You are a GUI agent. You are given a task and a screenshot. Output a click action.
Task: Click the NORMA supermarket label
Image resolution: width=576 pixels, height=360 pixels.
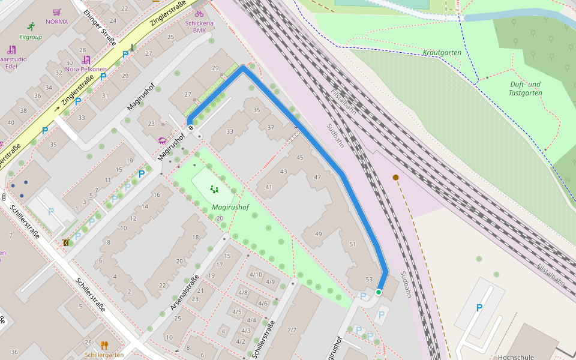click(x=57, y=22)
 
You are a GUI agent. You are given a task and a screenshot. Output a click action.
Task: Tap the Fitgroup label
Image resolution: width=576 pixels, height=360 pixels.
click(x=31, y=37)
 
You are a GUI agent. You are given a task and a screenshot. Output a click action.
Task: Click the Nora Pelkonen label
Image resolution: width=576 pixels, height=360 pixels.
click(x=86, y=69)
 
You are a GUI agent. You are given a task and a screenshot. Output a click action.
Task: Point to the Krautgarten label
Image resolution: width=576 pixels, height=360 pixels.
click(x=442, y=53)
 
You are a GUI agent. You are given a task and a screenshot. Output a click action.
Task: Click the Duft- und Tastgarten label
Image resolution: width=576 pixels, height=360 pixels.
click(x=525, y=88)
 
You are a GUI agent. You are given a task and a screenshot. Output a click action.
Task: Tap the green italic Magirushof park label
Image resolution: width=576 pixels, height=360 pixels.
click(x=230, y=207)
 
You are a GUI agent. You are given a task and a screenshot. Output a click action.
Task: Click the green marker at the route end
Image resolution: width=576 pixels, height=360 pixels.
click(x=379, y=292)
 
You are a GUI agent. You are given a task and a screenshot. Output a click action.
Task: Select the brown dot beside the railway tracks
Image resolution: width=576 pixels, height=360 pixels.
click(x=395, y=177)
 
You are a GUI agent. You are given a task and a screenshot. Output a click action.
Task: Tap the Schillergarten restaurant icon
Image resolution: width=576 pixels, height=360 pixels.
click(x=104, y=345)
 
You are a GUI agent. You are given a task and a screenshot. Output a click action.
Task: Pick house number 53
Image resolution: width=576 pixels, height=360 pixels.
click(x=369, y=279)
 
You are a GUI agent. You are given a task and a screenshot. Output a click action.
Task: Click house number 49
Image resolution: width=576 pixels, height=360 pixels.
click(x=318, y=234)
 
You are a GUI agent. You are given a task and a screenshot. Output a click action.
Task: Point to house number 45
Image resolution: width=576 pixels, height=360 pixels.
click(x=300, y=157)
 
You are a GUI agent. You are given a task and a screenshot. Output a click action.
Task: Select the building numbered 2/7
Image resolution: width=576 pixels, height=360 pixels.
click(x=292, y=330)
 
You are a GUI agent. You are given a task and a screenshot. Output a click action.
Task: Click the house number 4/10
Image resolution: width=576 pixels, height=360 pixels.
click(x=256, y=274)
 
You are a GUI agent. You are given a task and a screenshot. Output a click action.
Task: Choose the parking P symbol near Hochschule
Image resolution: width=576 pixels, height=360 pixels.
click(x=479, y=308)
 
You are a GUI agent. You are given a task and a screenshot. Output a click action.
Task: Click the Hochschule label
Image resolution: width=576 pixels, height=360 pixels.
click(x=515, y=357)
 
